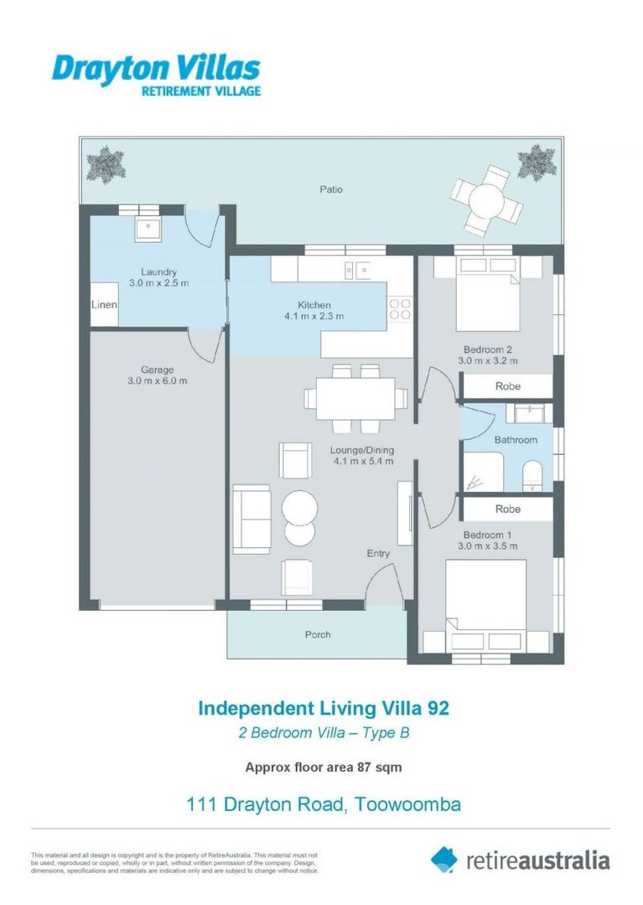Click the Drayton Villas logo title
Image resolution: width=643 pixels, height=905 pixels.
click(156, 68)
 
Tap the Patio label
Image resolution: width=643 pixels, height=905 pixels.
click(330, 189)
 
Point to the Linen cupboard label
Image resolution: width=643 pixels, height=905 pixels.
click(104, 305)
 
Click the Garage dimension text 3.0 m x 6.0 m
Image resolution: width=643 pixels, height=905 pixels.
click(158, 380)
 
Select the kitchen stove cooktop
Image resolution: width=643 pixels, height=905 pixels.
click(400, 308)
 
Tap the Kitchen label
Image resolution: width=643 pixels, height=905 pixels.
click(314, 305)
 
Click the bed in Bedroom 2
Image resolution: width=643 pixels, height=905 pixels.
click(487, 294)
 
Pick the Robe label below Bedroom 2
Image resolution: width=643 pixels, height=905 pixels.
click(507, 386)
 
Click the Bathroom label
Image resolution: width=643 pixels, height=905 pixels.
click(516, 440)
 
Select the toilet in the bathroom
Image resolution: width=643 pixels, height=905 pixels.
click(533, 476)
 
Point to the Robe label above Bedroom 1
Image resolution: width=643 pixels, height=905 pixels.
click(507, 509)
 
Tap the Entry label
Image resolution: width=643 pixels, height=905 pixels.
click(378, 553)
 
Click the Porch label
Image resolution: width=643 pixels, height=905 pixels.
click(317, 634)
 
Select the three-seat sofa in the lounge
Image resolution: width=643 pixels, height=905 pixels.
click(251, 519)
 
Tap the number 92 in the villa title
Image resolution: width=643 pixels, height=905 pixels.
click(438, 708)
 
